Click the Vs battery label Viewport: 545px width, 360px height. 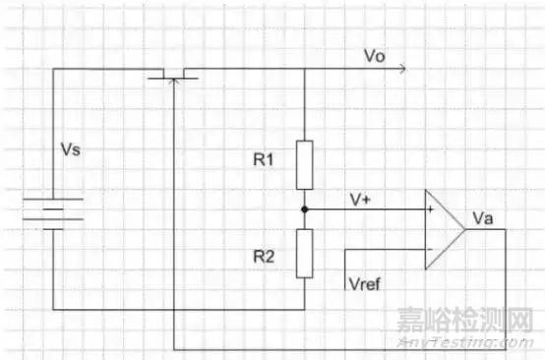point(70,152)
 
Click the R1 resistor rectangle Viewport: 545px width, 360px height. point(304,165)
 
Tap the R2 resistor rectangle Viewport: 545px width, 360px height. point(304,254)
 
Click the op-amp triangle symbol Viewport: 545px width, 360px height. point(442,230)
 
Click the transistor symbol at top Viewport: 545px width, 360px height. point(173,74)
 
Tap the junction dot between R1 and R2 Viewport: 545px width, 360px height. point(304,210)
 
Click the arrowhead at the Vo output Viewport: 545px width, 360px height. point(398,69)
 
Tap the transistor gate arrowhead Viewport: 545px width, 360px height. point(173,81)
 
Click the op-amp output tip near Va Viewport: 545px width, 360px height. point(463,230)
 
